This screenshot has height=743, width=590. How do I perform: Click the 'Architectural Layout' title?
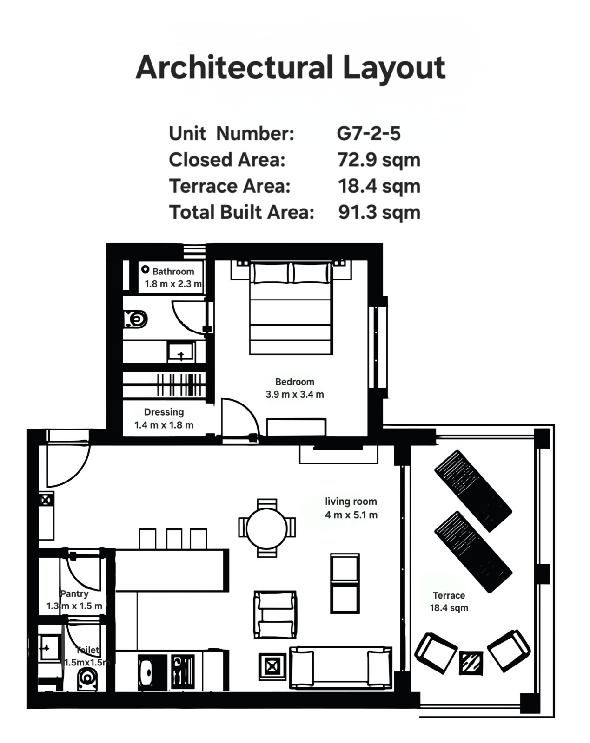(x=290, y=68)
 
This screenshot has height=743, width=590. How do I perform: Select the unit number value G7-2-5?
(x=369, y=134)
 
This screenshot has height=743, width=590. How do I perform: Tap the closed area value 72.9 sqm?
(x=379, y=160)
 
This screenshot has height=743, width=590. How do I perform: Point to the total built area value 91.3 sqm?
(x=379, y=212)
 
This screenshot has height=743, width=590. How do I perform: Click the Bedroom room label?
(x=295, y=382)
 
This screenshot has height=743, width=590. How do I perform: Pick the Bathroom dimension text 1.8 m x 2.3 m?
(x=173, y=284)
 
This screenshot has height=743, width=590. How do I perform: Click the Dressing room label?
(x=164, y=412)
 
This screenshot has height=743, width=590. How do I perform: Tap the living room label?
(x=351, y=502)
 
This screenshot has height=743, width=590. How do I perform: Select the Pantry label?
(x=74, y=593)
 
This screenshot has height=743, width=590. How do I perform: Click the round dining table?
(x=267, y=528)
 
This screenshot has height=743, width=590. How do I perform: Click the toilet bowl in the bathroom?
(x=136, y=319)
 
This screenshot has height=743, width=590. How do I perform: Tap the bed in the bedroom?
(x=290, y=308)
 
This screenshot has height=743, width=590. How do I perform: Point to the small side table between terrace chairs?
(x=471, y=663)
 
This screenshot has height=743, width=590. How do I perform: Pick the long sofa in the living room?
(x=341, y=668)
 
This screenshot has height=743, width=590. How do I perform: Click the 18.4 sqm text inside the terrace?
(x=449, y=608)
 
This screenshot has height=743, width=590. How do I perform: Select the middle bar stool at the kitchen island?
(x=174, y=538)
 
